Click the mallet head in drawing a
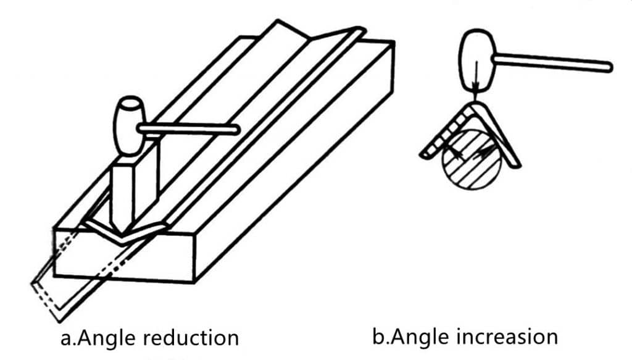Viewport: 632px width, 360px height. [x=130, y=126]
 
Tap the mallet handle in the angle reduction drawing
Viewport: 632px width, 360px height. [x=189, y=130]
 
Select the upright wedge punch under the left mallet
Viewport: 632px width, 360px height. [x=134, y=190]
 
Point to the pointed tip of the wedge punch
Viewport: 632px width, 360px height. [x=120, y=233]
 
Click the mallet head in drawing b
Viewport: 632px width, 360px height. [x=477, y=60]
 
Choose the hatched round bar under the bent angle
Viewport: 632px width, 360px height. [x=472, y=160]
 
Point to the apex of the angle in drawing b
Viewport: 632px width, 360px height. [x=474, y=104]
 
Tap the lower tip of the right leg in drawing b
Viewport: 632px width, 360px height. [x=517, y=165]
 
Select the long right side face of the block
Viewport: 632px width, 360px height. [x=294, y=161]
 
